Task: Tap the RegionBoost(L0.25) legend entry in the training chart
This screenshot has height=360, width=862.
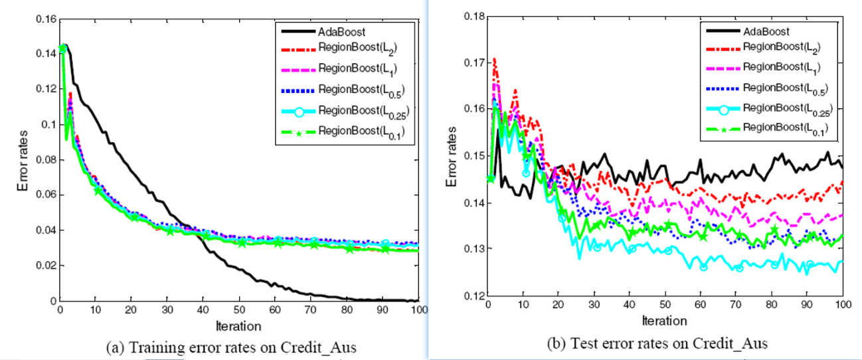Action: click(x=359, y=110)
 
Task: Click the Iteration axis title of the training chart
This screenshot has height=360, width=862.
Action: click(x=238, y=325)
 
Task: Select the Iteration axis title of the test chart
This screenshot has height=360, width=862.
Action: click(x=665, y=321)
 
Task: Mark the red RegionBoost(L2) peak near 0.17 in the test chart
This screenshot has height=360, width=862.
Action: click(x=494, y=60)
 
